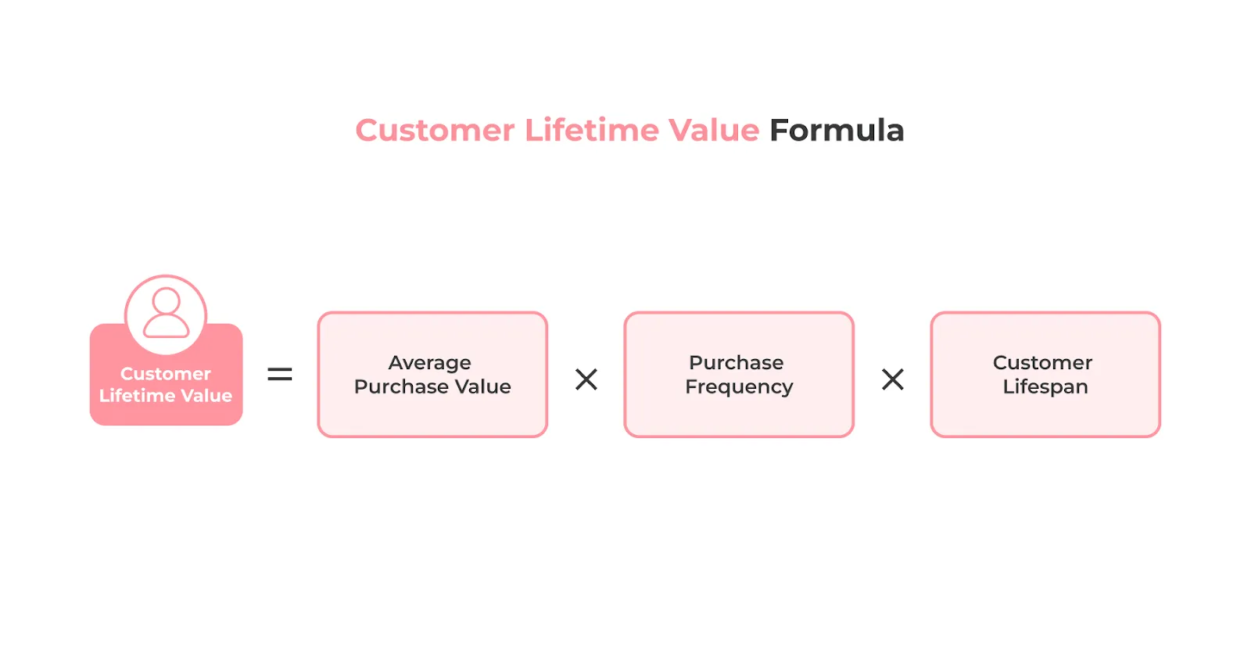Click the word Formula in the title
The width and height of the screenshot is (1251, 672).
836,131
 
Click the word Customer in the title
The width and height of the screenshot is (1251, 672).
435,131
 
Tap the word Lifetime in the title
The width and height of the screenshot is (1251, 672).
592,131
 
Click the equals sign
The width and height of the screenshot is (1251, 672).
279,375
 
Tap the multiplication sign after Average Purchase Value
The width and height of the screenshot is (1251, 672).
586,379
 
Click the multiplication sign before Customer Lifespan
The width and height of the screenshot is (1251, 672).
892,379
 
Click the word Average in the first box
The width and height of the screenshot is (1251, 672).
429,363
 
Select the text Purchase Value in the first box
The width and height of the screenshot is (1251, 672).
432,386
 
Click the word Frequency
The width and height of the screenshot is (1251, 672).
739,387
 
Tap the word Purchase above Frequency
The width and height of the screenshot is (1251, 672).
736,363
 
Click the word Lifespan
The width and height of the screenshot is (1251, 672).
1045,387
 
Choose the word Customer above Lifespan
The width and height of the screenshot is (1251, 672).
1042,363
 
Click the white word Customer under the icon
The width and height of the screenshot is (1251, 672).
166,374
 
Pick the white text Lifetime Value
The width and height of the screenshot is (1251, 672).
166,396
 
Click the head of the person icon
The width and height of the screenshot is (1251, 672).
166,300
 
